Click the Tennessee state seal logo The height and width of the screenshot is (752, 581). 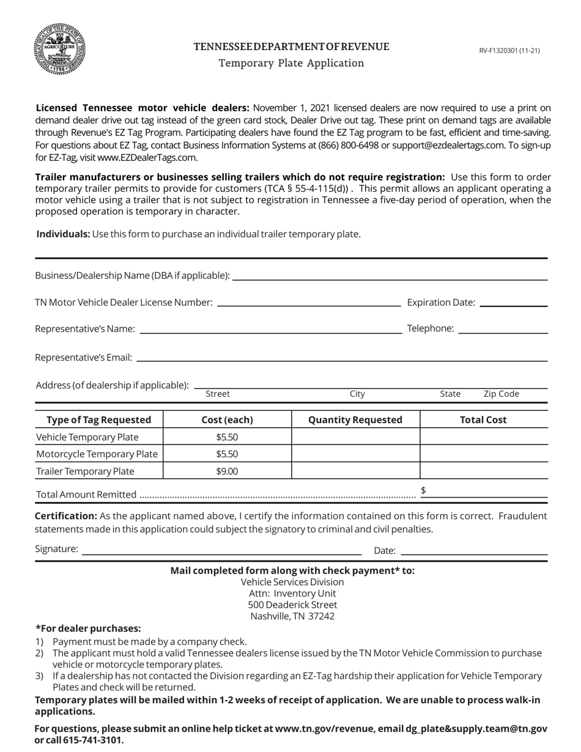pos(59,50)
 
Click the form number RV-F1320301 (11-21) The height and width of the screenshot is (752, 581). pos(509,51)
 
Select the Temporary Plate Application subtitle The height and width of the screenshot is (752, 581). pos(291,63)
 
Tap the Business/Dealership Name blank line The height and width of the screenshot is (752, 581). pos(390,275)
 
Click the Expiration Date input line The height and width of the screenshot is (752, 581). pos(514,302)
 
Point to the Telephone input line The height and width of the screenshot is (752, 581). pos(503,329)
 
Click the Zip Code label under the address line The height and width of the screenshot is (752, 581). pos(501,394)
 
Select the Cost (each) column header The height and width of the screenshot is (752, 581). pos(227,420)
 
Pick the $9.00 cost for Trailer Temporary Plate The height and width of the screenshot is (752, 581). pos(227,471)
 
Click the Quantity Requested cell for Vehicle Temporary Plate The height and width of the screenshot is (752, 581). pos(355,437)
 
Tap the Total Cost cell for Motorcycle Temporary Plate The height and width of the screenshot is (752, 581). pos(484,454)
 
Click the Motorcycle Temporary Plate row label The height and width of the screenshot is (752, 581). pos(97,454)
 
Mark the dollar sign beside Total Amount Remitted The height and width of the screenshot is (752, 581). pos(423,491)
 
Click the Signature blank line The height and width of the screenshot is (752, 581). pos(221,549)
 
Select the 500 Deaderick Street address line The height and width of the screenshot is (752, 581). pos(292,605)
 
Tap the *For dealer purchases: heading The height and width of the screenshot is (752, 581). pos(88,629)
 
